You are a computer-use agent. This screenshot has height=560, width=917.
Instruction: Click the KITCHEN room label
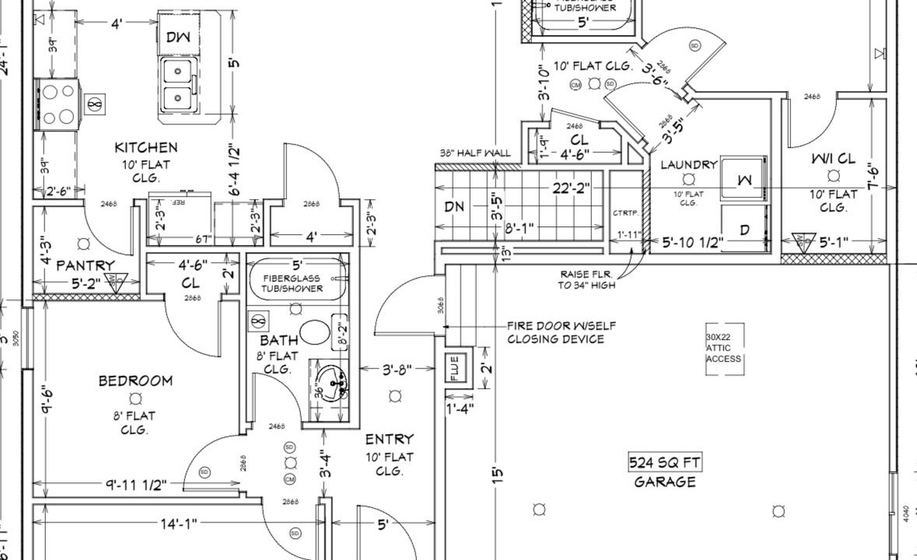pos(145,147)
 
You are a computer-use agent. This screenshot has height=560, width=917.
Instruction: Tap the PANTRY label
pos(86,266)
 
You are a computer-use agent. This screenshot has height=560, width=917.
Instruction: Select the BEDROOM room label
pos(135,380)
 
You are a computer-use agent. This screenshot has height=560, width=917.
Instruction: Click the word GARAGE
pos(664,482)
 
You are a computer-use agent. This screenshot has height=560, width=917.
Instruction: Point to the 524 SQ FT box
pos(664,463)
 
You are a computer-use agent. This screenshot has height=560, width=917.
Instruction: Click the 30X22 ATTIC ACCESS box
pos(724,348)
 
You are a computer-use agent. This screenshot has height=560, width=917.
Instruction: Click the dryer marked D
pos(744,230)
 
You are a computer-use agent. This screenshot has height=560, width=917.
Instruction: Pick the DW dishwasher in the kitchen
pos(178,37)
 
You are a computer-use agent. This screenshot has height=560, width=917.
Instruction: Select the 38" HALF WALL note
pos(474,152)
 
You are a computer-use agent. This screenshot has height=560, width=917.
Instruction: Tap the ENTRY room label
pos(389,439)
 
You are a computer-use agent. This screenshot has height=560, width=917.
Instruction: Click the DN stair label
pos(454,207)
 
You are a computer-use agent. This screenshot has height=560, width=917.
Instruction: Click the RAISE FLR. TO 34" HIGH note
pos(586,280)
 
